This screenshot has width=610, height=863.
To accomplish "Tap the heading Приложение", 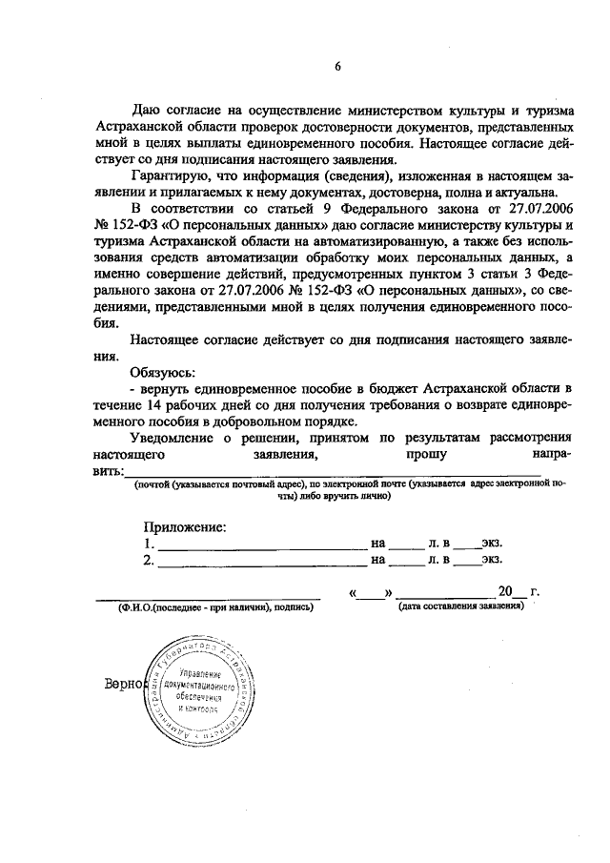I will coord(185,526).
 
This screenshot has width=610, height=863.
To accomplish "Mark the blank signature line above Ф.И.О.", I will coord(208,597).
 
